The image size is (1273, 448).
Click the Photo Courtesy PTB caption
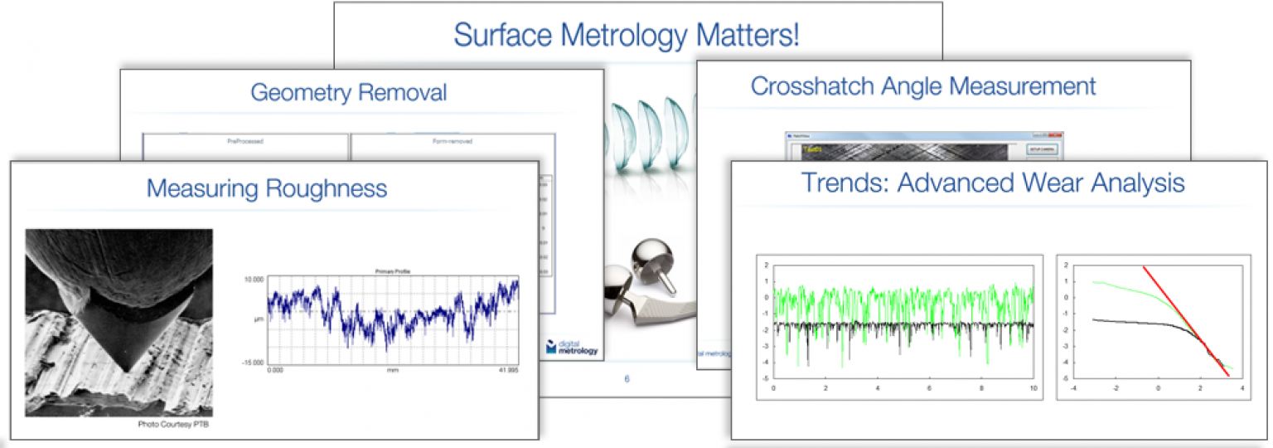(176, 424)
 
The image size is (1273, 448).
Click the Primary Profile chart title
(393, 270)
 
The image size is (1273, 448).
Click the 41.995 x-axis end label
(507, 370)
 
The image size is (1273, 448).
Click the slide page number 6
(627, 379)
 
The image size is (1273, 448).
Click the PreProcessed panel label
(244, 141)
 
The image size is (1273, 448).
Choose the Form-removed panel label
(452, 141)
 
